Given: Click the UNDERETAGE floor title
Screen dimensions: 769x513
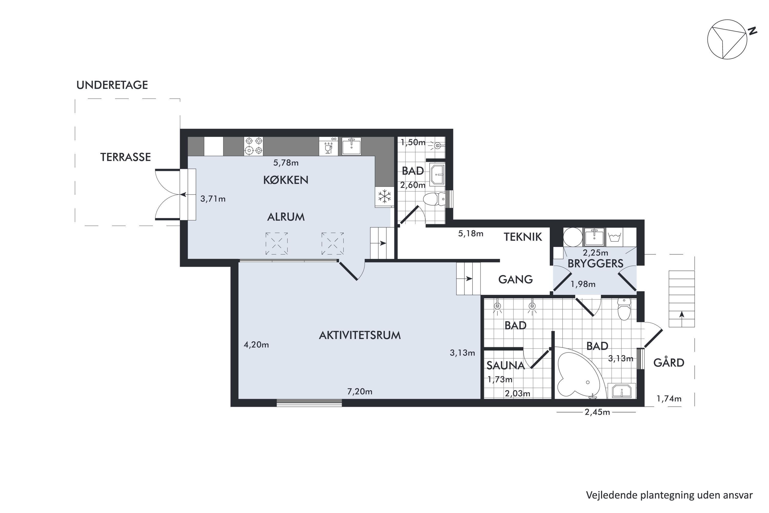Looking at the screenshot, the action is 112,85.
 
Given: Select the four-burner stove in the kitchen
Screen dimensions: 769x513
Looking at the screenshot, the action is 254,146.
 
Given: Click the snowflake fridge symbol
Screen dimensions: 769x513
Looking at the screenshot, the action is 385,197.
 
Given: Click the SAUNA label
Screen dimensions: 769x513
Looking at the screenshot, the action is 505,366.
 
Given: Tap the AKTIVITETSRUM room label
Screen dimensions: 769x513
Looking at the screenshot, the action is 360,335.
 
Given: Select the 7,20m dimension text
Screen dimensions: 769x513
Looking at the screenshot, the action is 360,391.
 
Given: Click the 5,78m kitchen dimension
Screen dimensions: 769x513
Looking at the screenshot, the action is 286,163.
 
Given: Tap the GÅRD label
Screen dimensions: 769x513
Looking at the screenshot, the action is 669,363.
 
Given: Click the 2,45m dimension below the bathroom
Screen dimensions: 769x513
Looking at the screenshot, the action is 597,412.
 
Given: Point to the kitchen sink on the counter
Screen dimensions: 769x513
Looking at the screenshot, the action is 351,146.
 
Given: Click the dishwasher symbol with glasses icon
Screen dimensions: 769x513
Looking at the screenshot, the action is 329,146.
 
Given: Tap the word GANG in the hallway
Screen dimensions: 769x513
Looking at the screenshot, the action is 515,279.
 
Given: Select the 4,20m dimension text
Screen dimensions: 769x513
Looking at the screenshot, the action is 256,344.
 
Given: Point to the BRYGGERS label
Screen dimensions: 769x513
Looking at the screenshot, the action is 595,264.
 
